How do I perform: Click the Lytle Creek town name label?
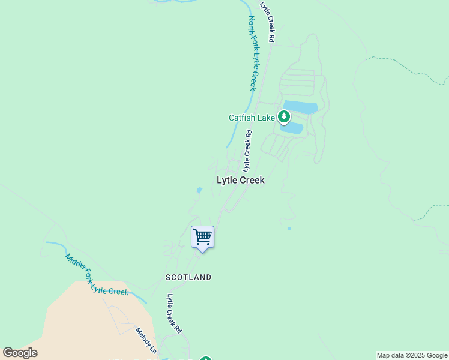tap(240, 180)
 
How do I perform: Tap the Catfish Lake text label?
tap(252, 118)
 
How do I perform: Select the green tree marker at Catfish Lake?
tap(284, 117)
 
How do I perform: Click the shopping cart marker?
tap(202, 237)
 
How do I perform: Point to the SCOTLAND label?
tap(188, 277)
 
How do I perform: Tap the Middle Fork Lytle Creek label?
tap(97, 275)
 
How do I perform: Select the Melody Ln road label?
tap(146, 341)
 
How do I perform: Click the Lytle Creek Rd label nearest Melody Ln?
tap(174, 314)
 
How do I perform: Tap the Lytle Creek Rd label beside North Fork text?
tap(267, 21)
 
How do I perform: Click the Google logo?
tap(20, 353)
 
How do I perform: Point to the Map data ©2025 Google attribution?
tap(412, 355)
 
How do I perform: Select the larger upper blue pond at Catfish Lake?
tap(300, 107)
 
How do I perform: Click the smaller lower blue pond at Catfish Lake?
tap(292, 128)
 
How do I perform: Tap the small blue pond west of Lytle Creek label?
tap(199, 191)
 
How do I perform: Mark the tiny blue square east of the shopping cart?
tap(289, 228)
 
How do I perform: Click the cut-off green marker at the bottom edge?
tap(206, 359)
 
